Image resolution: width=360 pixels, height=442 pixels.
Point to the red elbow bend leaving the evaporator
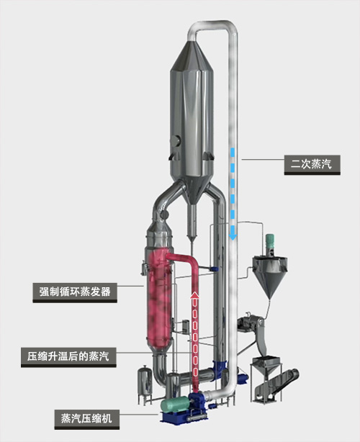[x=192, y=260]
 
